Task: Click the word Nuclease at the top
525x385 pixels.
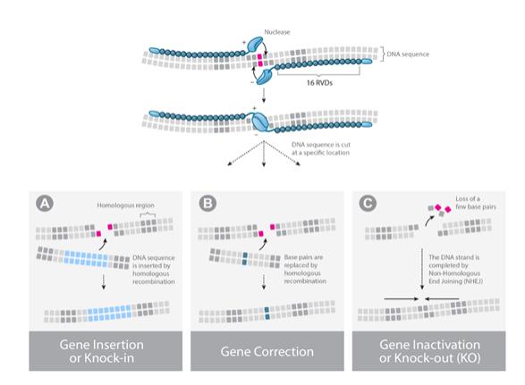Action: [x=277, y=32]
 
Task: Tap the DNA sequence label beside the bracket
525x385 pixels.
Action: [x=408, y=54]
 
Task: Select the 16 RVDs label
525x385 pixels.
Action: [x=319, y=82]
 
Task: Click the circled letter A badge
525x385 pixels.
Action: [x=45, y=203]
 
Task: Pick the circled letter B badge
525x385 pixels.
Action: [x=207, y=203]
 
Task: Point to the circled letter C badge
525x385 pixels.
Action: [x=368, y=203]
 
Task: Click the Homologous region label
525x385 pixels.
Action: [x=125, y=205]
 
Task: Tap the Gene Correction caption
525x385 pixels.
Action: [x=267, y=352]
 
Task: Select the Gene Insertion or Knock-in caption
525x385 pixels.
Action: [x=101, y=351]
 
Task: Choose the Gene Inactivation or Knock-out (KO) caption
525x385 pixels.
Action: [x=429, y=351]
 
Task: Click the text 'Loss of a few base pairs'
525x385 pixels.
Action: [x=476, y=203]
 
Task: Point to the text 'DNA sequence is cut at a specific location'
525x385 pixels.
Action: [x=321, y=148]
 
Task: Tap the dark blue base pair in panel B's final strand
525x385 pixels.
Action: [x=267, y=313]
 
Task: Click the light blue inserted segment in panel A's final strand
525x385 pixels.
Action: [x=109, y=313]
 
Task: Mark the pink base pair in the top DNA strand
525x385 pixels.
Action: [x=260, y=60]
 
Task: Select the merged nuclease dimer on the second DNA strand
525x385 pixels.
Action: [x=260, y=121]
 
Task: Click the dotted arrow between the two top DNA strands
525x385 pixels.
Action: [x=264, y=95]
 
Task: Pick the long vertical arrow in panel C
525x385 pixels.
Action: [x=422, y=269]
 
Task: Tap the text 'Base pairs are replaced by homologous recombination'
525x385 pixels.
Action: [x=305, y=269]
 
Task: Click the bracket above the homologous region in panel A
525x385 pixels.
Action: [x=148, y=214]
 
